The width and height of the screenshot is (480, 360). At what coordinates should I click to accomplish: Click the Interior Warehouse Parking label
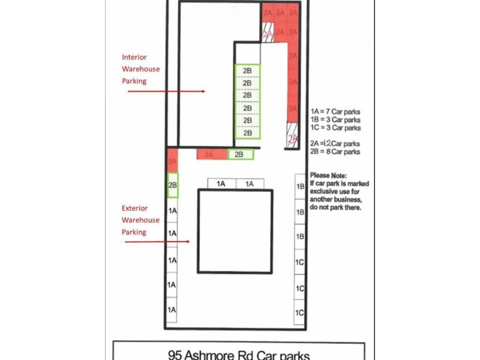(x=141, y=68)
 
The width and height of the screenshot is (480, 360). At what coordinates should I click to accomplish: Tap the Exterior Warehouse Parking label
(x=141, y=220)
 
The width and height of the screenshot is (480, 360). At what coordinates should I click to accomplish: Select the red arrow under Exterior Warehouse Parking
(x=157, y=242)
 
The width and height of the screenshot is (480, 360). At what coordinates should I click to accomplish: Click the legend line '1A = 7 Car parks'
(x=335, y=112)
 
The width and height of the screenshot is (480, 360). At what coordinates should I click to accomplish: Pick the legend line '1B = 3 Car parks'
(x=335, y=119)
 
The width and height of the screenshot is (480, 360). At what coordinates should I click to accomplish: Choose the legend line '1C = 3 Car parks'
(x=335, y=127)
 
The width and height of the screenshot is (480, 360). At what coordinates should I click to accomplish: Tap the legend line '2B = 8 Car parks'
(x=335, y=152)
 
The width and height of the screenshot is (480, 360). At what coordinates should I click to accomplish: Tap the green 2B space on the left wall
(x=172, y=185)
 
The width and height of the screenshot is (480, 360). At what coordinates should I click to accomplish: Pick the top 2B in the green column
(x=247, y=70)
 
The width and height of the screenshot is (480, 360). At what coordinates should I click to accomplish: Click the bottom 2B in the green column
(x=247, y=133)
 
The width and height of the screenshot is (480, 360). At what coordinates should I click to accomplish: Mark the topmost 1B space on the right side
(x=300, y=187)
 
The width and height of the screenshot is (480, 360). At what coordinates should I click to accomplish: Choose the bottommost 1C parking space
(x=300, y=313)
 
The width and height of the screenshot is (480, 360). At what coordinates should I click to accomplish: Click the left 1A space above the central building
(x=221, y=184)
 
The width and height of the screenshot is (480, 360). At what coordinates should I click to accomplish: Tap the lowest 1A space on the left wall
(x=172, y=310)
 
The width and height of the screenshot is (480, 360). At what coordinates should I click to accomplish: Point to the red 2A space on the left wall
(x=172, y=161)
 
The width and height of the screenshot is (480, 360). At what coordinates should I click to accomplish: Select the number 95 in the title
(x=176, y=354)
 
